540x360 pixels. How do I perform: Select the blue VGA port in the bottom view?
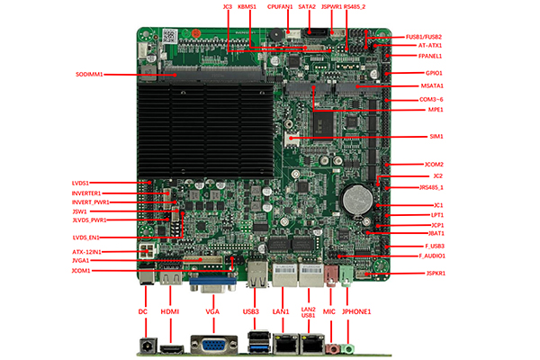tap(212, 346)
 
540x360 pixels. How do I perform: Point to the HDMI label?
tap(171, 311)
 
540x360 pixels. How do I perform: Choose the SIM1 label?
tap(436, 136)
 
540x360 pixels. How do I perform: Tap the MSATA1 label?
tap(432, 85)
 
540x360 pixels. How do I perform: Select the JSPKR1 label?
tap(436, 273)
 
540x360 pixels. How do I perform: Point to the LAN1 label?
tap(280, 311)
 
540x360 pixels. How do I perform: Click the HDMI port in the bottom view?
tap(172, 347)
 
